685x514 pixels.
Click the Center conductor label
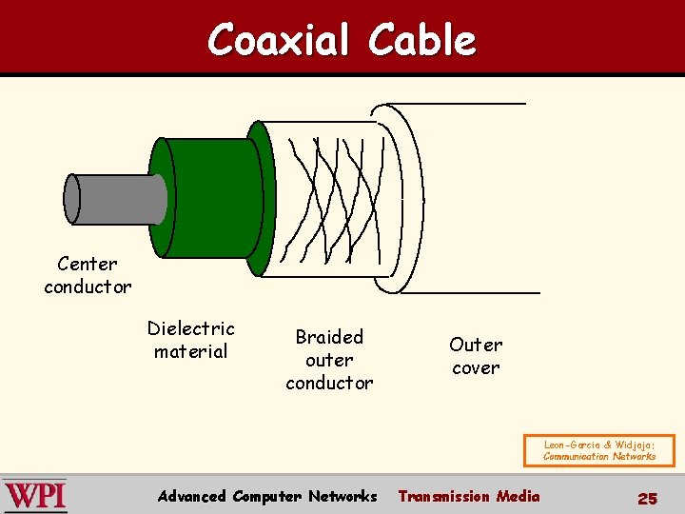coord(88,275)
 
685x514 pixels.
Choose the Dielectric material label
coord(190,340)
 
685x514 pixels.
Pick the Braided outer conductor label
coord(329,360)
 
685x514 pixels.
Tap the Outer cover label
coord(476,356)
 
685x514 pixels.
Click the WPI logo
coord(35,496)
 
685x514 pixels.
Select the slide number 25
coord(647,498)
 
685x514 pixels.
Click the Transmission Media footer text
coord(468,496)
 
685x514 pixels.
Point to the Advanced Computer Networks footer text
coord(267,496)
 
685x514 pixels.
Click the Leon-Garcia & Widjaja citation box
coord(599,450)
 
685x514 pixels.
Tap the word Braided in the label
coord(329,337)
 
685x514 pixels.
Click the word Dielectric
coord(190,328)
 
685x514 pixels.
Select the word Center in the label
coord(88,264)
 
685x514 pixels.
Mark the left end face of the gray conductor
coord(71,199)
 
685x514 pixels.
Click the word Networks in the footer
coord(342,496)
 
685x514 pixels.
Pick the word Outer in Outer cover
coord(476,345)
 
